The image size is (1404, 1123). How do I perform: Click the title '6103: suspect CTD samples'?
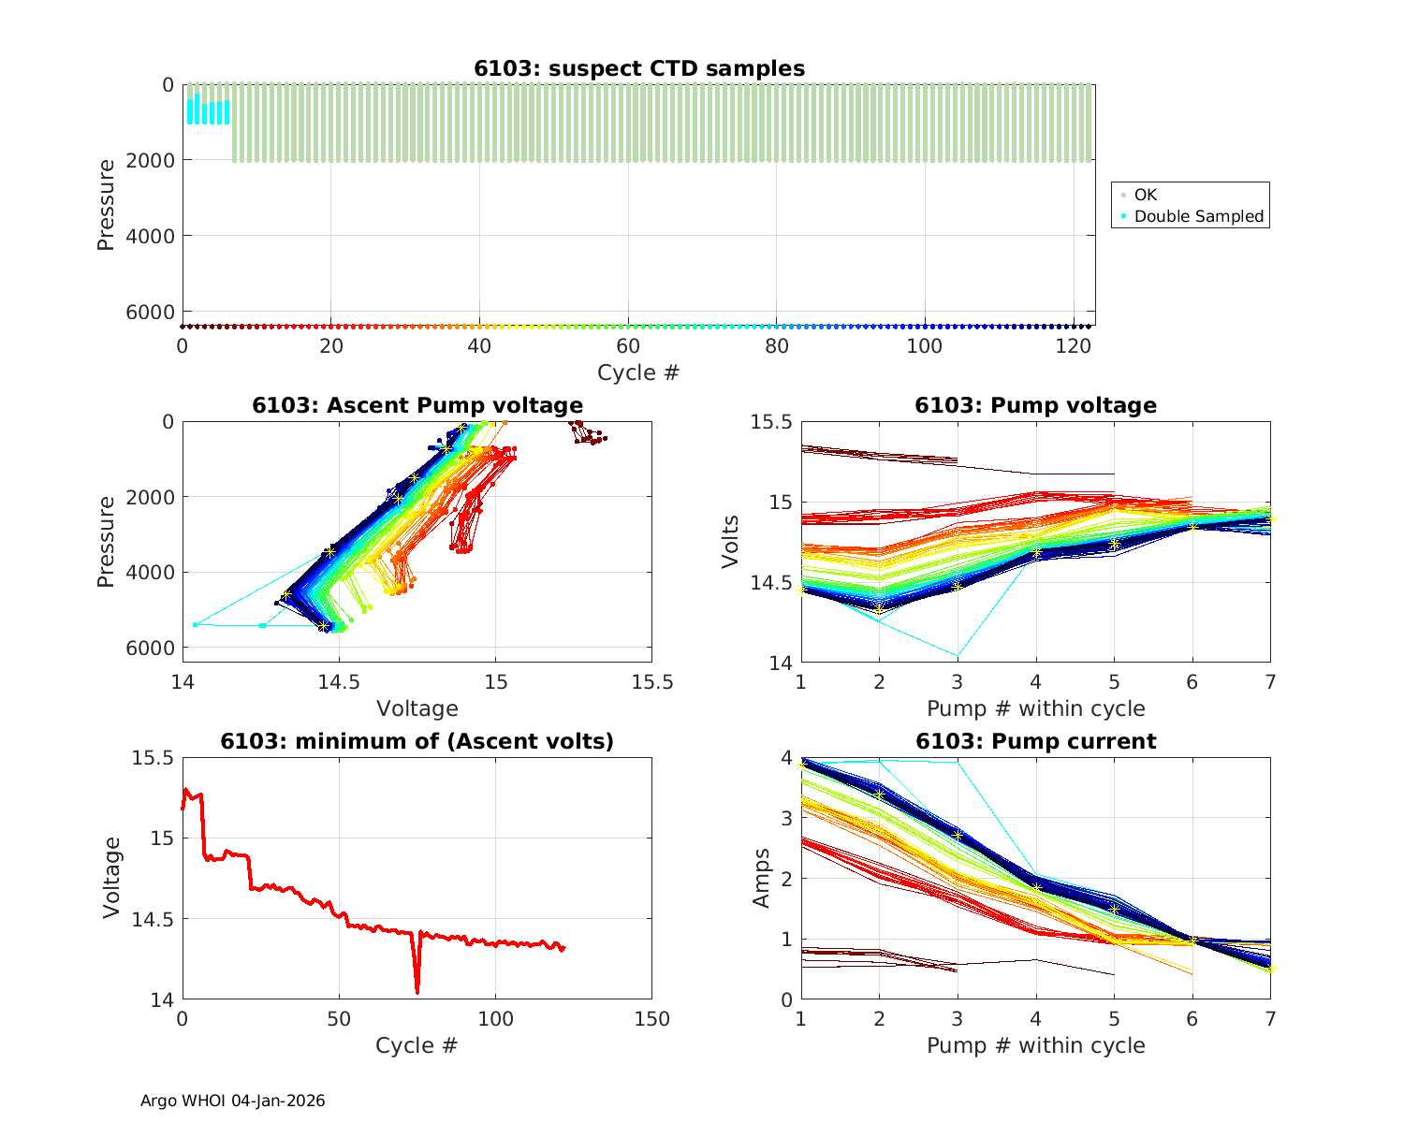(639, 68)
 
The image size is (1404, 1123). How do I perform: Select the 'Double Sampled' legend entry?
(1198, 216)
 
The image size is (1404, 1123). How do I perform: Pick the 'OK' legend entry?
(1146, 195)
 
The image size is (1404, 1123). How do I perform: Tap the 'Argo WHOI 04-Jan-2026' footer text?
(233, 1101)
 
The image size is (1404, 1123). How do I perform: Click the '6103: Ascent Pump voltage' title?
(417, 405)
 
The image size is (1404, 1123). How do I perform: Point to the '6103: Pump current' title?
(1035, 741)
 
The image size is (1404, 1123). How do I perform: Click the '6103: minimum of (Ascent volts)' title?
(417, 741)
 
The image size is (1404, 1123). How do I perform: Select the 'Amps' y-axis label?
(762, 878)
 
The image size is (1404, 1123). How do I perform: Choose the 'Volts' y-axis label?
(730, 542)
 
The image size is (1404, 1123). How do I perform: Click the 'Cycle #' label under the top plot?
(638, 372)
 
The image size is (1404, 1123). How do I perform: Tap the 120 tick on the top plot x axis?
(1074, 345)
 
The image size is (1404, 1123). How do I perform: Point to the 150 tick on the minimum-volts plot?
(651, 1018)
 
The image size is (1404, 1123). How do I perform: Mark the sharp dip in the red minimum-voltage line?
(417, 991)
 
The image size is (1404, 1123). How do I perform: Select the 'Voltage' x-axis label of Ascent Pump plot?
(417, 708)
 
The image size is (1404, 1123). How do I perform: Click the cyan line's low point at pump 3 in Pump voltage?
(958, 655)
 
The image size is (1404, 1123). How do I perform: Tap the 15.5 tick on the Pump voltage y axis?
(770, 422)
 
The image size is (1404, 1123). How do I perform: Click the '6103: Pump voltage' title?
(1035, 405)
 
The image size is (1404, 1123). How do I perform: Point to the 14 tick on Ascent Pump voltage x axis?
(183, 681)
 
